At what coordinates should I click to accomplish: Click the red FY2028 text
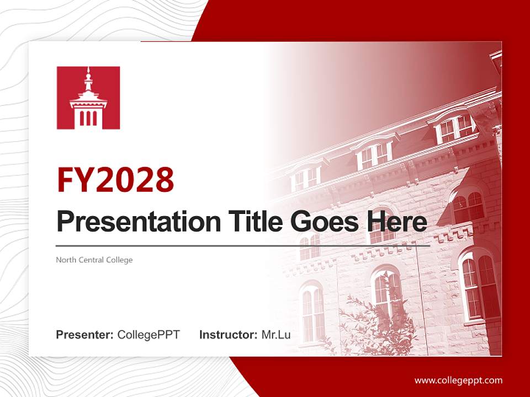point(115,180)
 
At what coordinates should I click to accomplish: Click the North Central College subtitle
point(94,260)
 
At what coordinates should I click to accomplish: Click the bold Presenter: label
point(85,335)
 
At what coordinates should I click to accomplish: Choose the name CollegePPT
point(149,335)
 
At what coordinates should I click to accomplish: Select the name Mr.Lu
point(276,335)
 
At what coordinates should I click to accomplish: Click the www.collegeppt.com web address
point(458,380)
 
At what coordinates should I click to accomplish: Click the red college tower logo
point(88,98)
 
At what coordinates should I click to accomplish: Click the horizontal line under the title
point(243,245)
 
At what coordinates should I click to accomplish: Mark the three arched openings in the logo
point(88,118)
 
